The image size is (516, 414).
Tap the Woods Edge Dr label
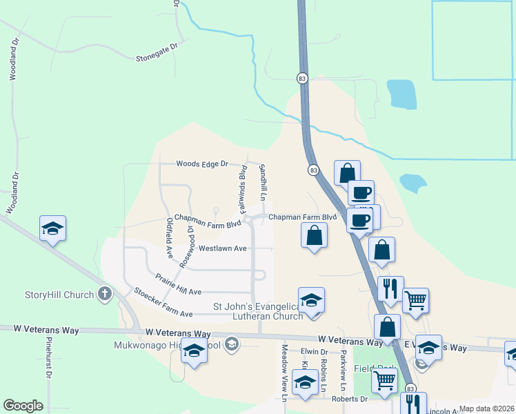click(201, 164)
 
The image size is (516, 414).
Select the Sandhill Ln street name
click(262, 179)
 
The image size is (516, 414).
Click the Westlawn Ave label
click(222, 248)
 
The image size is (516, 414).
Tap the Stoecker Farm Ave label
click(163, 304)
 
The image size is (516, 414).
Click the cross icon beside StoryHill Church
click(105, 295)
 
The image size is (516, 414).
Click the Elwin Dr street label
click(314, 352)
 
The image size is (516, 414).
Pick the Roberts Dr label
click(349, 399)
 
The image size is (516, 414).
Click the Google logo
click(23, 406)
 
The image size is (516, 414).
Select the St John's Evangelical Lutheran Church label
click(258, 311)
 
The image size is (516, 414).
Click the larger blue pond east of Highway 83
click(401, 95)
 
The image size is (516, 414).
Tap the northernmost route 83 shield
click(302, 79)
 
